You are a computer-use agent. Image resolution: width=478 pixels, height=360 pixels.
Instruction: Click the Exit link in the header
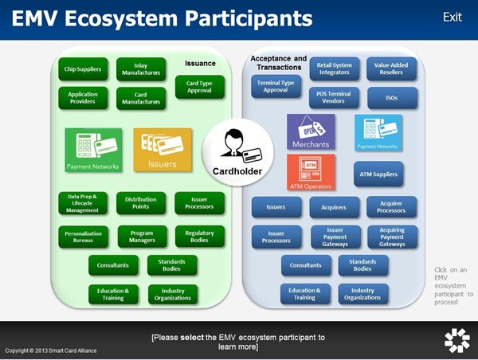[452, 17]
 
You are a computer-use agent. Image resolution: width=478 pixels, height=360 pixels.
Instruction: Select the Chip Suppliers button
[83, 70]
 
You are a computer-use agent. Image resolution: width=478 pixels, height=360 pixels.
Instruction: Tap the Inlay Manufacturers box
[141, 69]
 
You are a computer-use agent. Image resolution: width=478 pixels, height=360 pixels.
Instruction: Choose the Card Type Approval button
[199, 86]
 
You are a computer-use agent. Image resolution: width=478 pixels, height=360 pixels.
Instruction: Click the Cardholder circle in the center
[237, 152]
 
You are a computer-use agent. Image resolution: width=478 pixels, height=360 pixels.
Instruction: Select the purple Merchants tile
[311, 132]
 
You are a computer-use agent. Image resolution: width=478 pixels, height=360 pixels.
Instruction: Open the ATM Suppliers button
[378, 174]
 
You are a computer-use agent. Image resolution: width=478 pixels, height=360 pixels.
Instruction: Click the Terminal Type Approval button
[276, 86]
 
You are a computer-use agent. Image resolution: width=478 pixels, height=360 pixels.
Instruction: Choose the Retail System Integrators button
[335, 68]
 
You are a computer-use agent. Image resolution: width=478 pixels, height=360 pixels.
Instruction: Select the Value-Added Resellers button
[392, 68]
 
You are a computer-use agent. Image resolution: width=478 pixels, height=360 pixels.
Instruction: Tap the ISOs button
[392, 98]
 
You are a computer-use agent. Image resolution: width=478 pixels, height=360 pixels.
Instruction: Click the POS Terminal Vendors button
[335, 98]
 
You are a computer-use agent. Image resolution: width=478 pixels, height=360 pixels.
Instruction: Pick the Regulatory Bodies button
[199, 236]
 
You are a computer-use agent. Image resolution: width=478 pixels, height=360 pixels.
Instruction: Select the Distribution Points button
[141, 203]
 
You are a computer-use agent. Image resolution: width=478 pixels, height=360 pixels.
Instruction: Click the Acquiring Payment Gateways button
[392, 237]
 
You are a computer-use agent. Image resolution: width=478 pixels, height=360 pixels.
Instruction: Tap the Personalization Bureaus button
[83, 236]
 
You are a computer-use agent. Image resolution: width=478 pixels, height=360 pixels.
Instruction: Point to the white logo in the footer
[456, 340]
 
